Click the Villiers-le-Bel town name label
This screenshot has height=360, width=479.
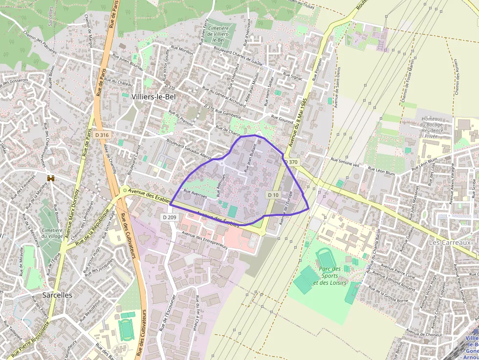click(x=153, y=97)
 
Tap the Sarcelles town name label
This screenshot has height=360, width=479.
click(x=57, y=295)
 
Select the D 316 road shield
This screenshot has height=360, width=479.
click(x=102, y=135)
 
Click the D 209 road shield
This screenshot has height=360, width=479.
click(x=169, y=216)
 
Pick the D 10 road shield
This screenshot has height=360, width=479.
click(x=273, y=195)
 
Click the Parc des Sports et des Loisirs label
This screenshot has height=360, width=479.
click(x=329, y=276)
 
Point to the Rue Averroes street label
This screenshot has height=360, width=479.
click(x=195, y=193)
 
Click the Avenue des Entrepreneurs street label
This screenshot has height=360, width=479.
click(x=204, y=240)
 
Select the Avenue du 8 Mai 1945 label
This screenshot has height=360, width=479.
click(x=297, y=122)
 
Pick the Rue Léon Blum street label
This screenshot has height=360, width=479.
click(x=382, y=171)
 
